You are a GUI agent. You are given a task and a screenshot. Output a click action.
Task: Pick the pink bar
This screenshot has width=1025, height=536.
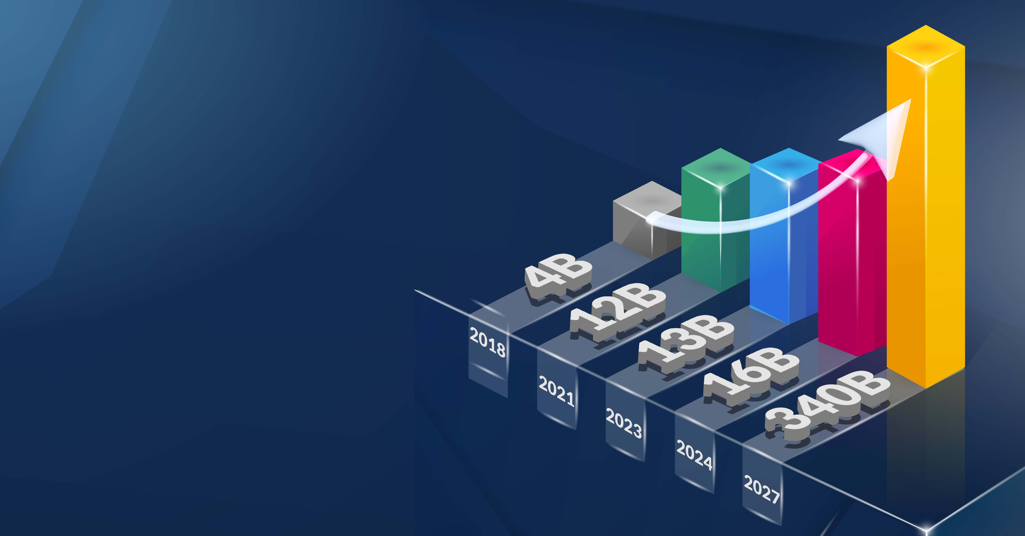click(x=852, y=254)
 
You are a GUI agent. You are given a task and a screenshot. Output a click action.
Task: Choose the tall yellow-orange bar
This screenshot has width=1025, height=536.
click(x=926, y=207)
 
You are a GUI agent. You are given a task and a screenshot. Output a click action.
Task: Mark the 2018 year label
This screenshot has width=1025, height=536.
click(x=487, y=342)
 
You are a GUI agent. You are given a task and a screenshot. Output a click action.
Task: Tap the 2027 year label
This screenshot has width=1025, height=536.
click(x=762, y=489)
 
